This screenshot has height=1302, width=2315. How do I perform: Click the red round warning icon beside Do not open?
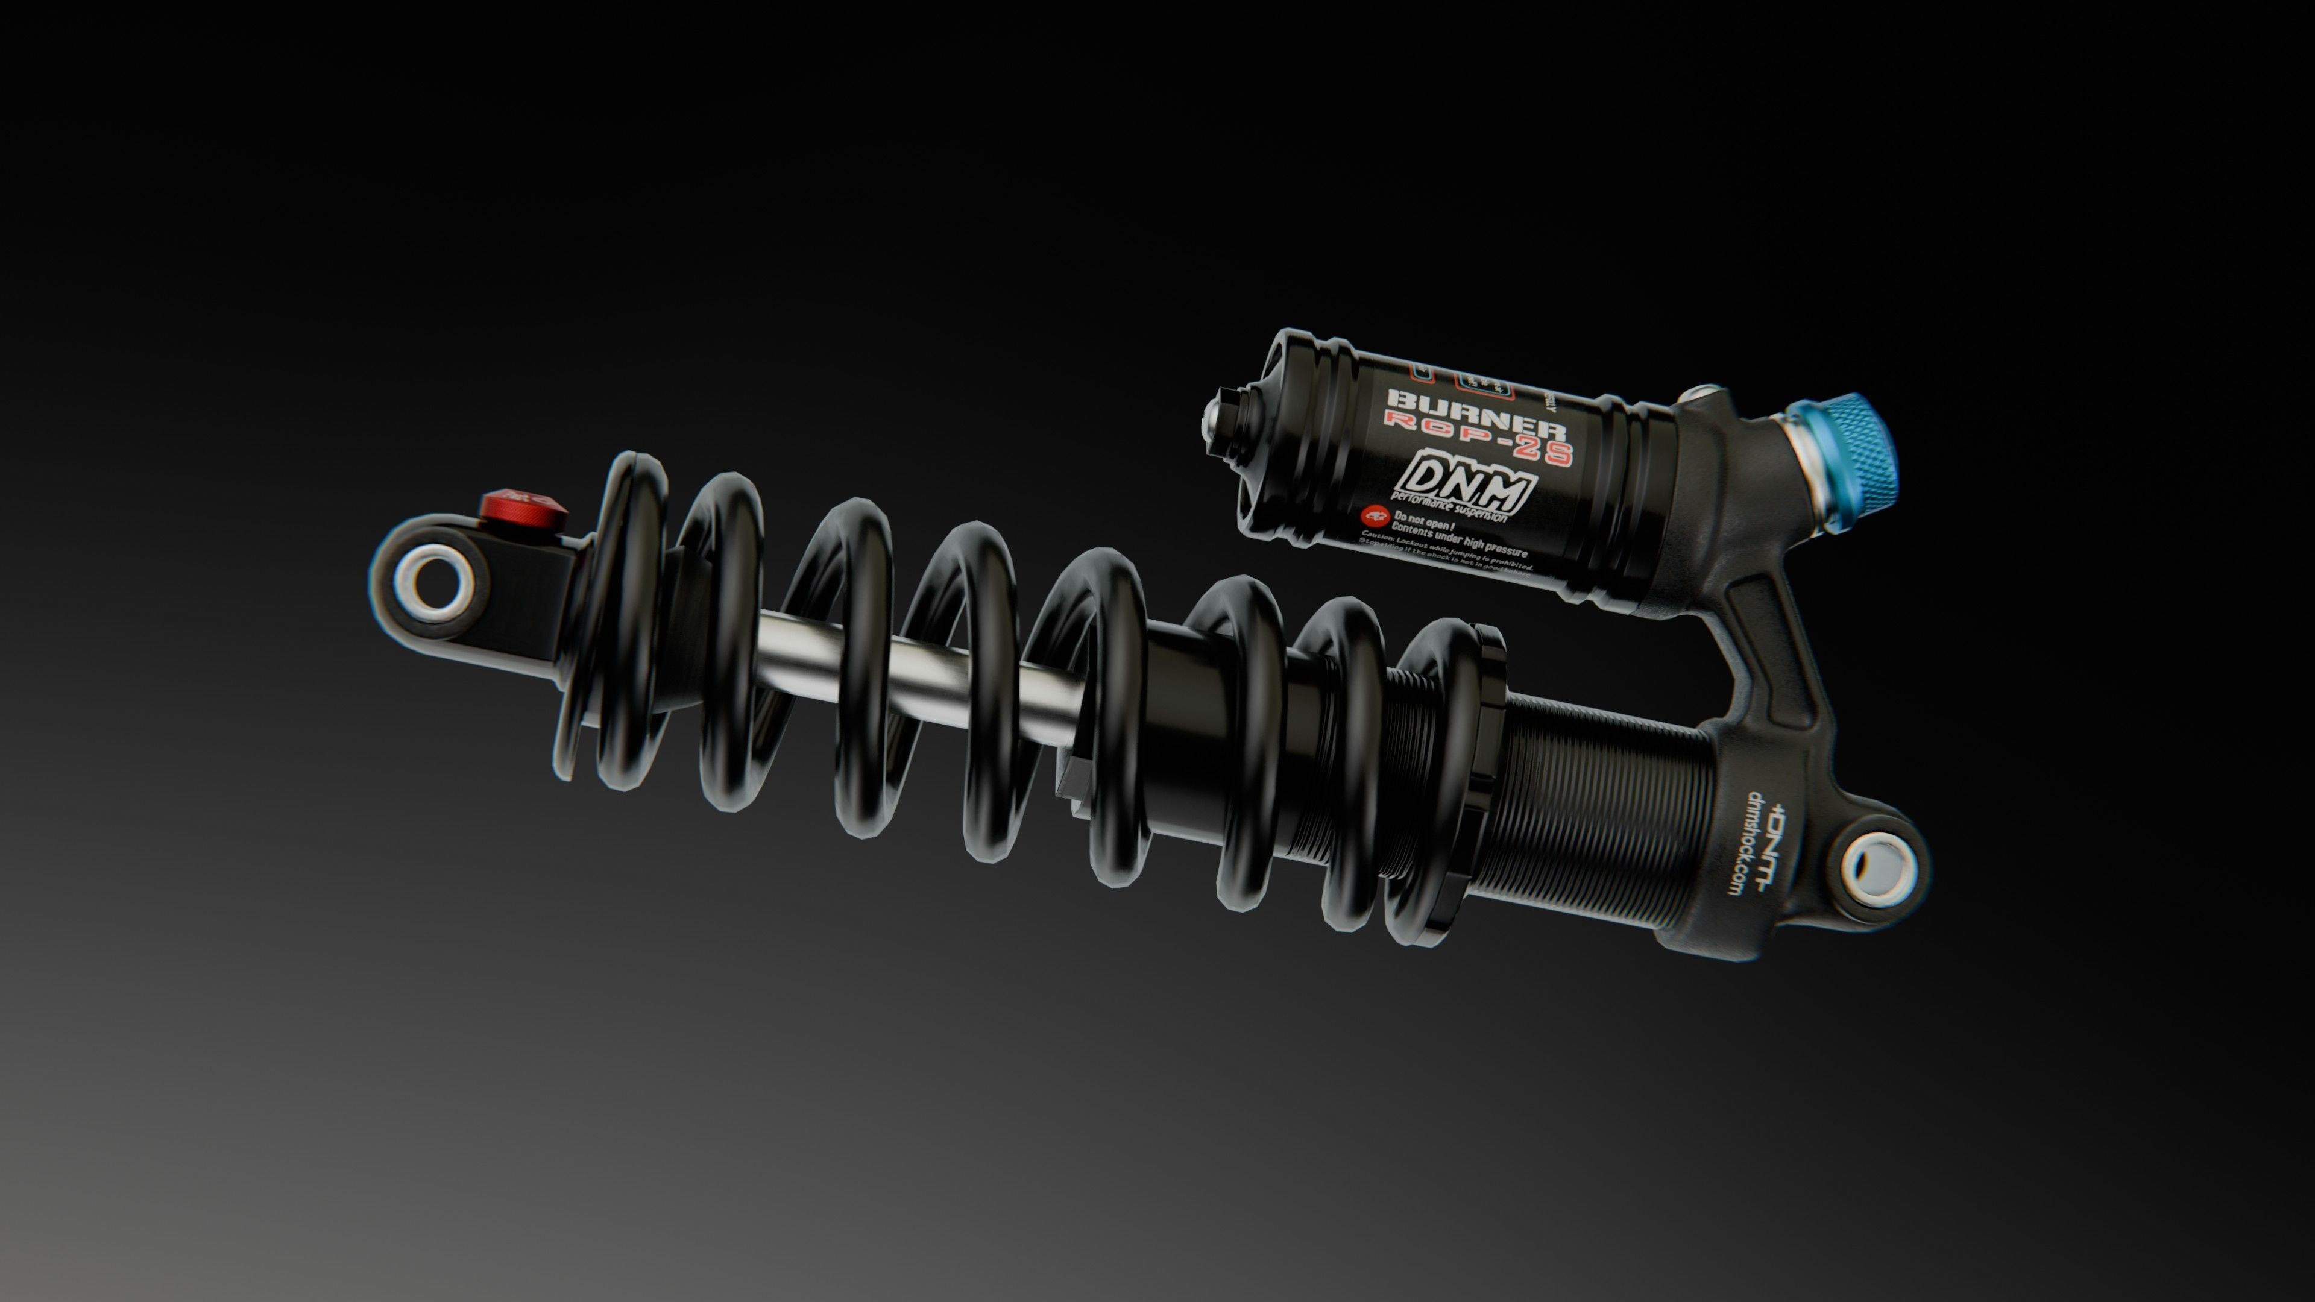[1375, 515]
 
